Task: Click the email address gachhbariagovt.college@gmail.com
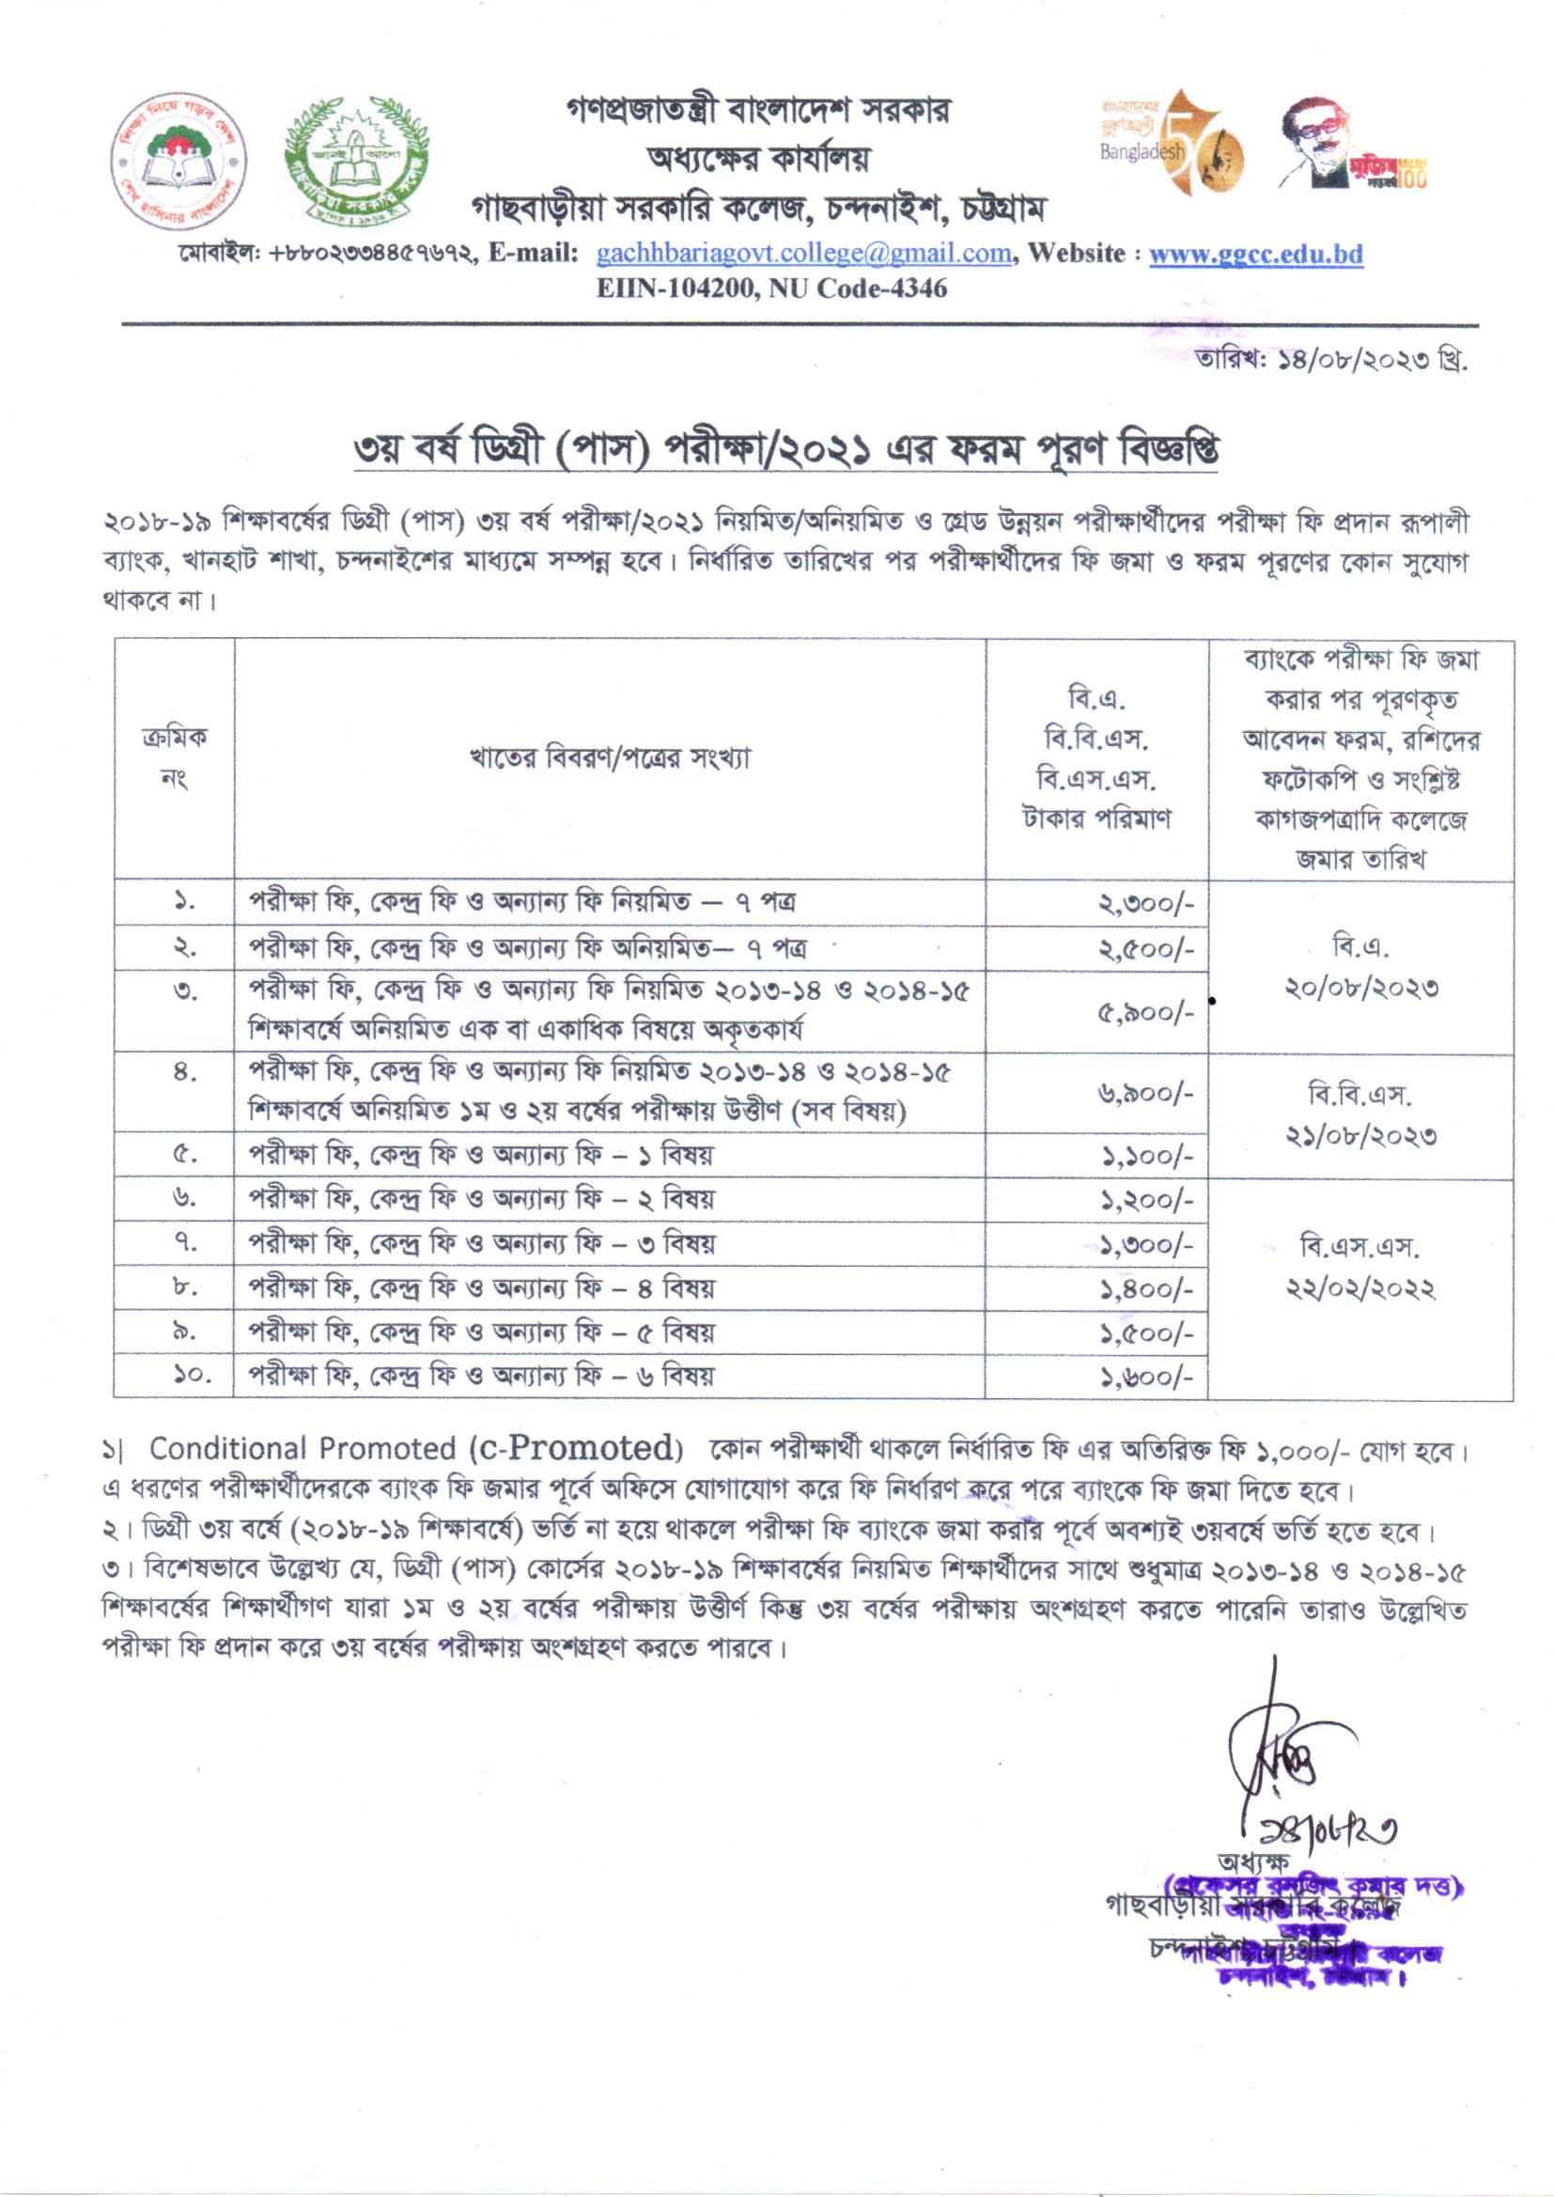[802, 254]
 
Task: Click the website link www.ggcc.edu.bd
[1255, 254]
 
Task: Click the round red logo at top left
[179, 161]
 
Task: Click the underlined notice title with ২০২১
[785, 452]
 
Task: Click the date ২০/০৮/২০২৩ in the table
[1360, 989]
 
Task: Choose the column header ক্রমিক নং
[174, 757]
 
